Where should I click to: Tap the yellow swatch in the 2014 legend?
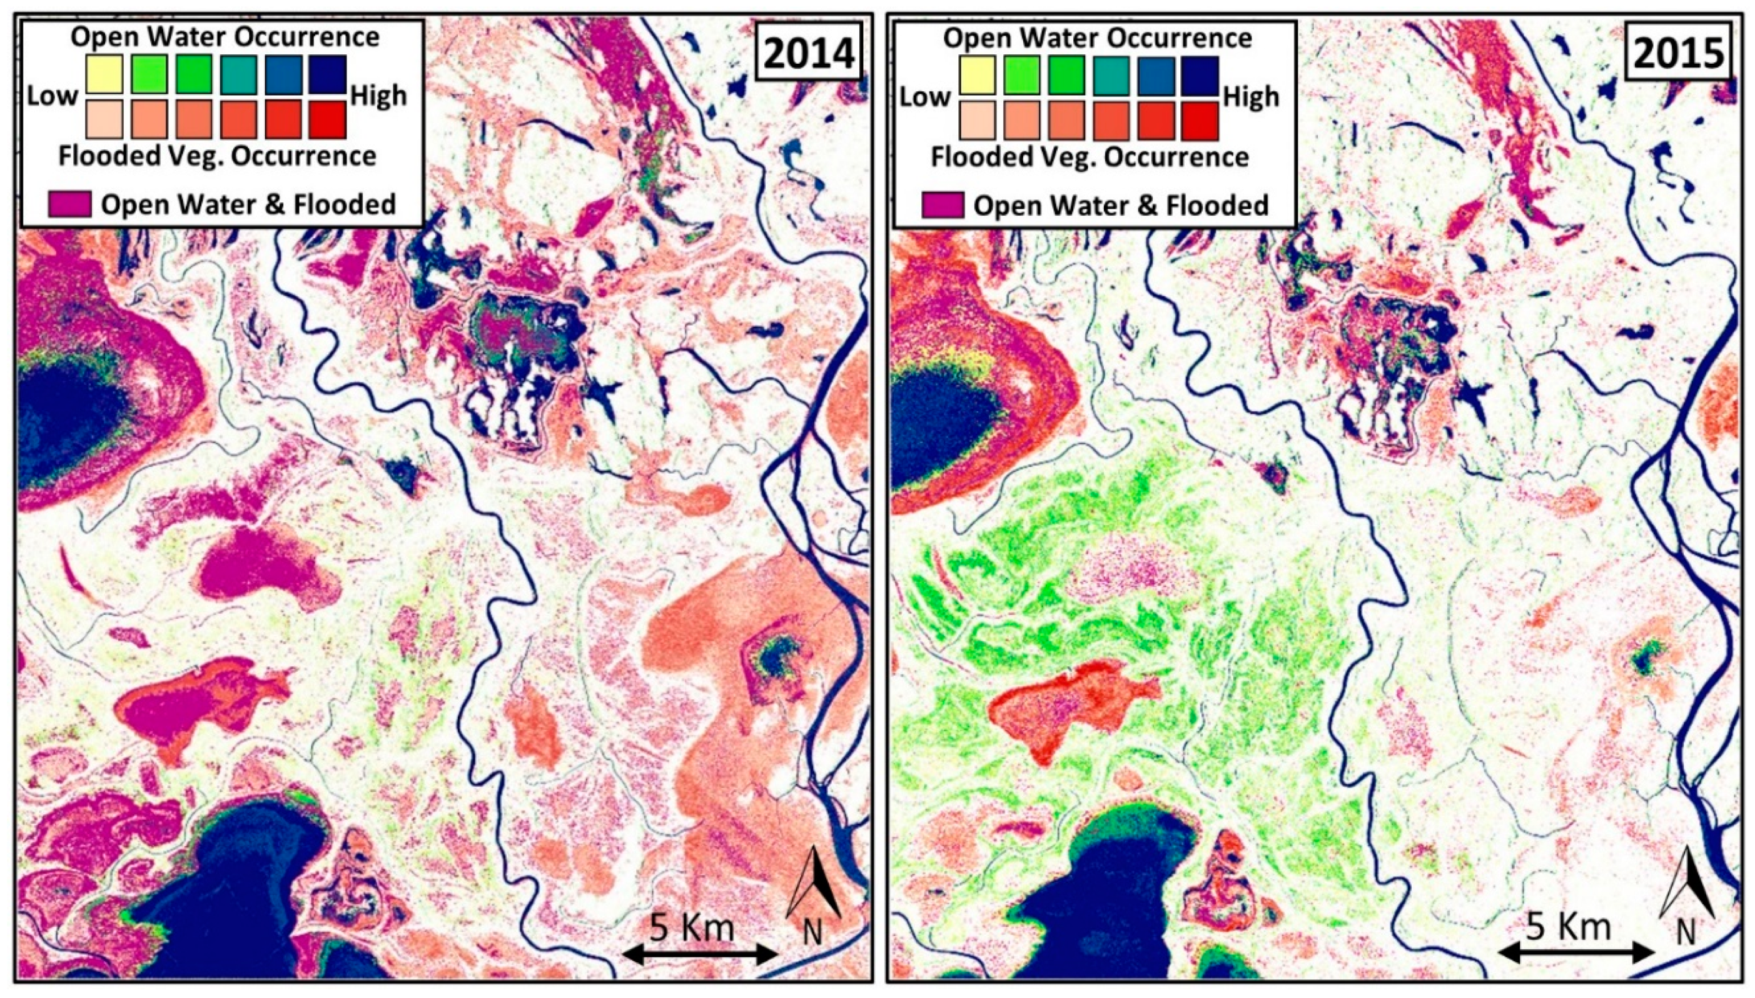point(104,74)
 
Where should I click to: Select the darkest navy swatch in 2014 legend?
point(327,74)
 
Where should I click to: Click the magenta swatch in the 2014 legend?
point(70,204)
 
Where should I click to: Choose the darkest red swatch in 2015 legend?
point(1200,121)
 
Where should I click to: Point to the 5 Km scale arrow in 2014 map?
point(699,954)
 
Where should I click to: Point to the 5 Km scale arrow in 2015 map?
point(1576,953)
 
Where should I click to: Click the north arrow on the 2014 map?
point(814,884)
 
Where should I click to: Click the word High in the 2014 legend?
point(378,97)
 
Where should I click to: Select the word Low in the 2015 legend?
point(924,97)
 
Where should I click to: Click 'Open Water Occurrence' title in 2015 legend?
point(1097,37)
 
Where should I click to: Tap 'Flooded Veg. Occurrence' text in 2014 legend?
point(218,156)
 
